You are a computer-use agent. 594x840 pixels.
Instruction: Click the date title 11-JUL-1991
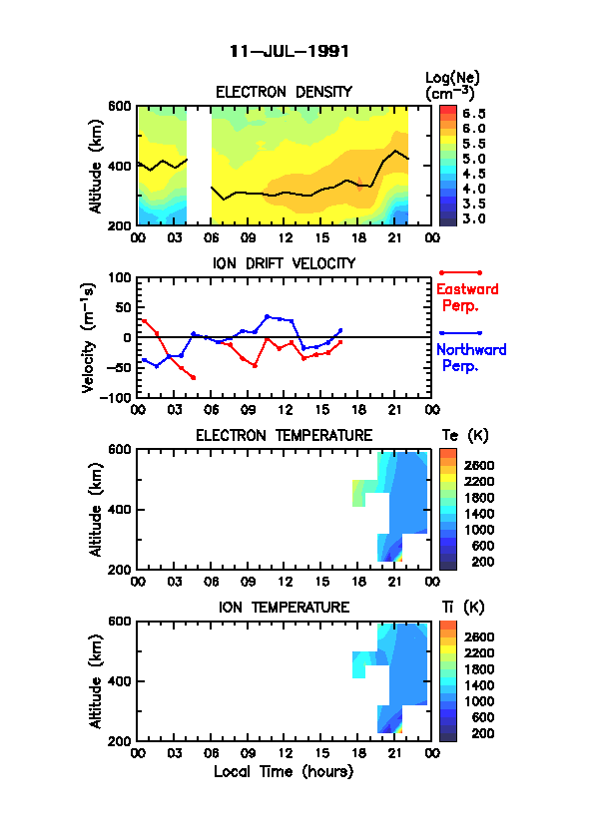(289, 52)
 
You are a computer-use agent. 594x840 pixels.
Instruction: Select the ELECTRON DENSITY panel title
(284, 92)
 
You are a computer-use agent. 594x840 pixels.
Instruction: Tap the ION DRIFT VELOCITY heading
(285, 263)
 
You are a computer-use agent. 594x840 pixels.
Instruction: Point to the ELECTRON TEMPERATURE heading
(284, 436)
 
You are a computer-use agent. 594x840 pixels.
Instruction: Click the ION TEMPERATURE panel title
(284, 607)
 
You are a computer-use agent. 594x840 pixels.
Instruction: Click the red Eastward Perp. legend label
(467, 297)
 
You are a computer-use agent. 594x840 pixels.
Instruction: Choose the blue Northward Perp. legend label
(471, 358)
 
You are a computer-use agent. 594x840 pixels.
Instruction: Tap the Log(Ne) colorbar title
(452, 86)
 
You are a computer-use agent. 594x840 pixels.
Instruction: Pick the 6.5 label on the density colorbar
(474, 114)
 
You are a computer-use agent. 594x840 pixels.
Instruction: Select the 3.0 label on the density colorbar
(474, 218)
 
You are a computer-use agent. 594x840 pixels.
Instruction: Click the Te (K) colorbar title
(465, 436)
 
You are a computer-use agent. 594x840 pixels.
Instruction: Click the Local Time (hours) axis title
(284, 772)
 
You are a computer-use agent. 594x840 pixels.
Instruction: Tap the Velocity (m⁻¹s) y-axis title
(89, 337)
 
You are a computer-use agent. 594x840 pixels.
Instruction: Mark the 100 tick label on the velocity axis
(120, 277)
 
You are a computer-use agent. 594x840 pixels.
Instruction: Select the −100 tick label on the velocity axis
(115, 397)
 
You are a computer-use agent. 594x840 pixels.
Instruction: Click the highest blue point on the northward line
(267, 316)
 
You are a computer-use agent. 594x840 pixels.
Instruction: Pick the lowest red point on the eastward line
(194, 378)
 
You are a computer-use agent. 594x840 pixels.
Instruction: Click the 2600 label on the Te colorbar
(479, 466)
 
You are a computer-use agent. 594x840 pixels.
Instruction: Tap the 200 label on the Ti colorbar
(482, 733)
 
